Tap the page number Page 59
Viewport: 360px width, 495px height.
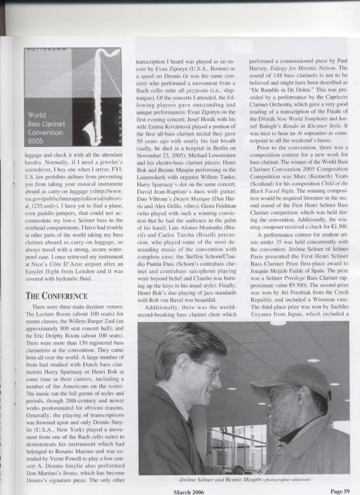tap(343, 489)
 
